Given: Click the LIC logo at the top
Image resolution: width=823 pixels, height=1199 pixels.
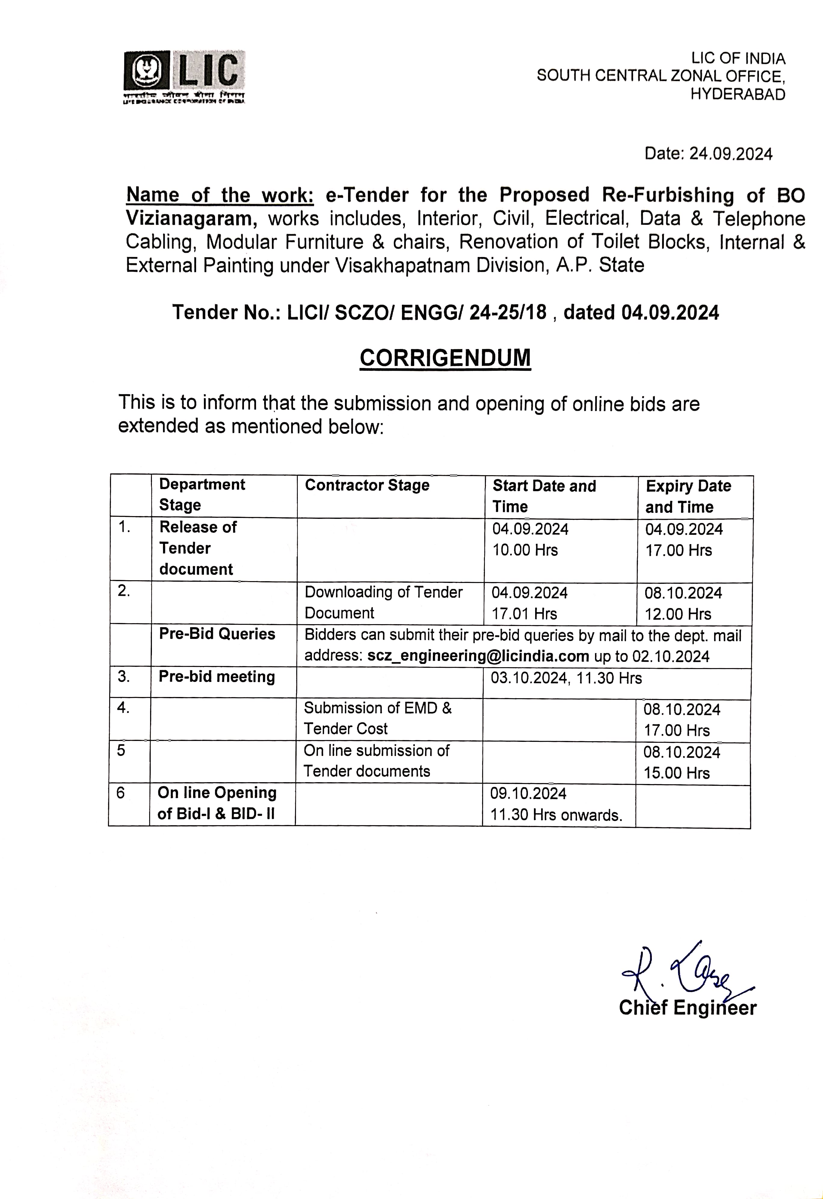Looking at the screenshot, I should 184,76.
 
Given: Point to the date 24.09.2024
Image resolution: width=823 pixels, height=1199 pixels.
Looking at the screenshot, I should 731,154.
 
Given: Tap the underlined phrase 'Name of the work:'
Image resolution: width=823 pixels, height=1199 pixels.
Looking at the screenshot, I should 220,195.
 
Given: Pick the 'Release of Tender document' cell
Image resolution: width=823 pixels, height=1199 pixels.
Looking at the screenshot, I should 198,548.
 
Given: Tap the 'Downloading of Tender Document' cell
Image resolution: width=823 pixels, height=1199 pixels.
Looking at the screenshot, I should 383,602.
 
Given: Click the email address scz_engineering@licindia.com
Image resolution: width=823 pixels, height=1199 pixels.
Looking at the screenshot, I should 478,656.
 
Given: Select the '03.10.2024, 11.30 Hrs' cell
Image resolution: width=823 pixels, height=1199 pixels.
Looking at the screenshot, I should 566,678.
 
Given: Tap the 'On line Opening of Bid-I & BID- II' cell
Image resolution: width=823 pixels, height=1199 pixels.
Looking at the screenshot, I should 217,803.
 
